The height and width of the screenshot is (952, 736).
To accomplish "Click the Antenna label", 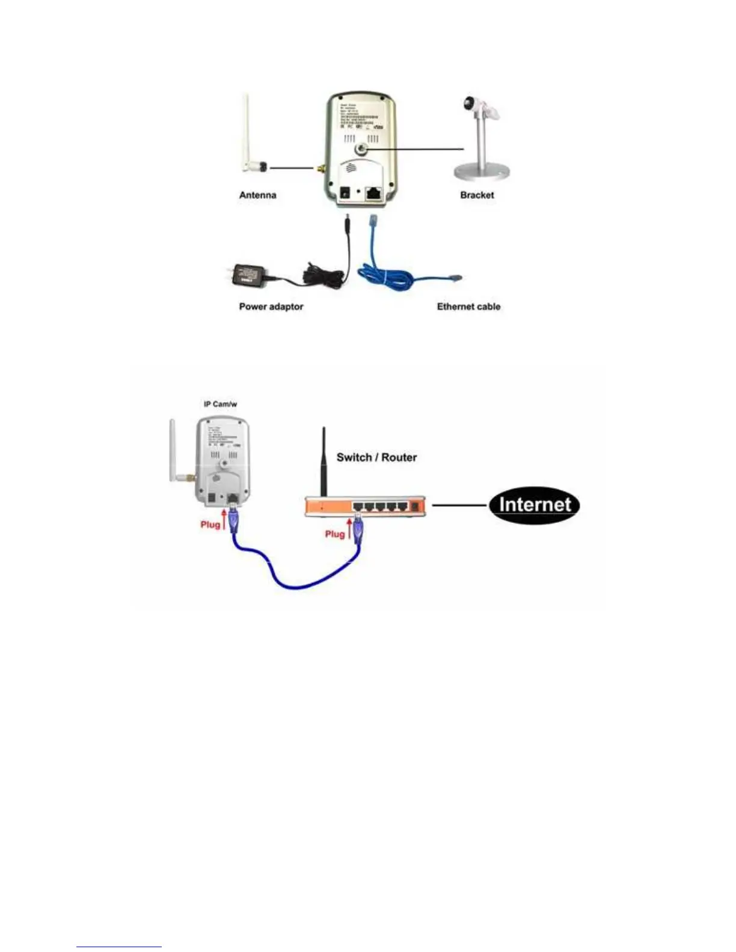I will point(257,195).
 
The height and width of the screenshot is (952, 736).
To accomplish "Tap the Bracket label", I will point(477,195).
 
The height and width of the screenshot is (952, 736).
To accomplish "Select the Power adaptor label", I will point(271,307).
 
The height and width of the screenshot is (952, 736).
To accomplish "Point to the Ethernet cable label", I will point(468,307).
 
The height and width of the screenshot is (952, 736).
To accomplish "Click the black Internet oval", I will point(533,504).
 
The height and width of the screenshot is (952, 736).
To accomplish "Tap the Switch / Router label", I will point(376,457).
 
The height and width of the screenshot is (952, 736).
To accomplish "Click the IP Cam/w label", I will point(220,404).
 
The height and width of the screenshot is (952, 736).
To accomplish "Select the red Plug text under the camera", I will point(210,525).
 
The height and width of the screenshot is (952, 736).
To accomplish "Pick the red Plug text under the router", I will point(334,534).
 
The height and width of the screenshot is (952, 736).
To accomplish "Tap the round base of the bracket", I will point(483,172).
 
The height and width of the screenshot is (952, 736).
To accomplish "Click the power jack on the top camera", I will point(346,193).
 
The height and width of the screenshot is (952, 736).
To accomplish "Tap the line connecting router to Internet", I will point(459,505).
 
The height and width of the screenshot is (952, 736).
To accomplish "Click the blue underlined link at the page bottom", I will point(118,947).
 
